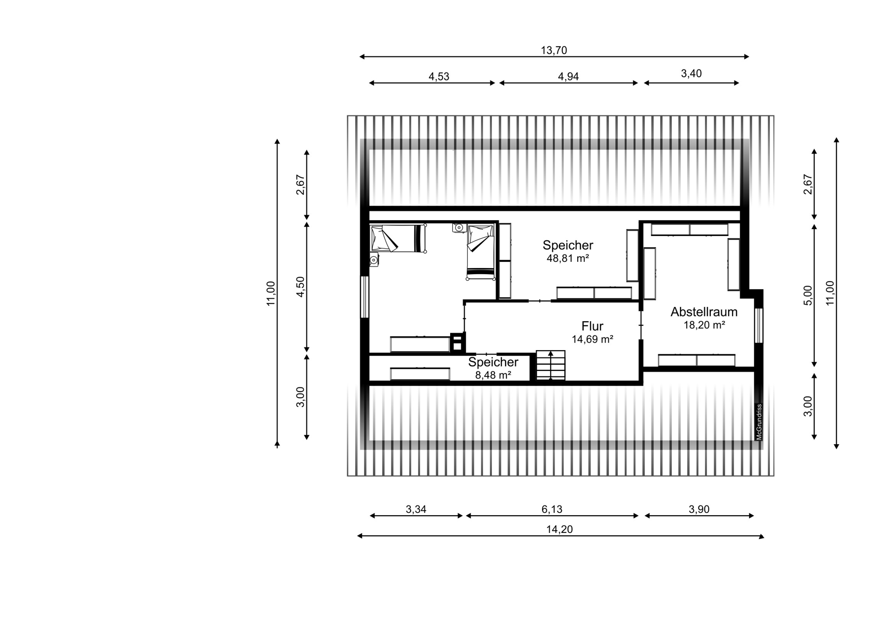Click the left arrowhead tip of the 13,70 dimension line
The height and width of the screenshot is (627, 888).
pyautogui.click(x=359, y=57)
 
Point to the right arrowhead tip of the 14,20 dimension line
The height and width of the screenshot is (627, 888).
pyautogui.click(x=765, y=536)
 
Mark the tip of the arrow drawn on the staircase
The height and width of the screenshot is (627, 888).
pyautogui.click(x=551, y=351)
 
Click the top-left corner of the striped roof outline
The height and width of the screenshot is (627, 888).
pyautogui.click(x=347, y=116)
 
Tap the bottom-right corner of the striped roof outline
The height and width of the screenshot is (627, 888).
pyautogui.click(x=774, y=476)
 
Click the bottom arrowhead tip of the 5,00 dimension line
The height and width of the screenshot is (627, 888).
pyautogui.click(x=814, y=367)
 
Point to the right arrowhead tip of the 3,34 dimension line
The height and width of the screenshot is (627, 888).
pyautogui.click(x=463, y=516)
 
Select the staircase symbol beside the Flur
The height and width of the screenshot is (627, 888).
pyautogui.click(x=551, y=365)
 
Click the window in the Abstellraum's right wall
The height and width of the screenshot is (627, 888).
pyautogui.click(x=759, y=326)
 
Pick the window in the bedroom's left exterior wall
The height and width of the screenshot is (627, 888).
pyautogui.click(x=365, y=297)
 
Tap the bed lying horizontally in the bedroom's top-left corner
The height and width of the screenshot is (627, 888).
pyautogui.click(x=398, y=238)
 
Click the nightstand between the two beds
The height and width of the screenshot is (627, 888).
pyautogui.click(x=459, y=228)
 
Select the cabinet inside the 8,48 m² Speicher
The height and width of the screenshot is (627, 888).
pyautogui.click(x=420, y=374)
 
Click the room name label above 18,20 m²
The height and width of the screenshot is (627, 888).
pyautogui.click(x=704, y=312)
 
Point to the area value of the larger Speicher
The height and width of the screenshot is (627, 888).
pyautogui.click(x=568, y=258)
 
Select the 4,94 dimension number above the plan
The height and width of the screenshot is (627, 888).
pyautogui.click(x=568, y=77)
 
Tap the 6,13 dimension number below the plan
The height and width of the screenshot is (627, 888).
pyautogui.click(x=552, y=509)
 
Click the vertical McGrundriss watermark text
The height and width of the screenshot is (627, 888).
pyautogui.click(x=759, y=422)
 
